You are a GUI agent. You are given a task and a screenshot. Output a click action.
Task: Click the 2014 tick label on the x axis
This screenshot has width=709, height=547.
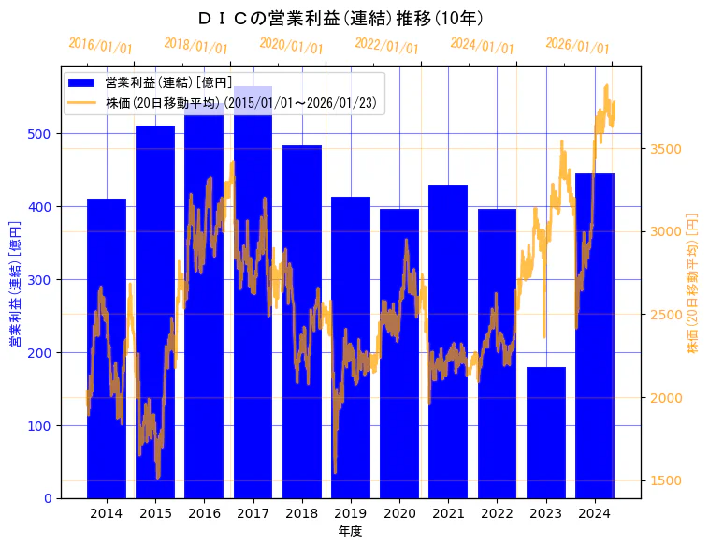107,513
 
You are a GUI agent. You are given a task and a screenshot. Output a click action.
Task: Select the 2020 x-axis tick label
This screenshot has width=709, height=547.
399,513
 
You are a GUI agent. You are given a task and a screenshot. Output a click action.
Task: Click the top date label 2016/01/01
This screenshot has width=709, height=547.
101,46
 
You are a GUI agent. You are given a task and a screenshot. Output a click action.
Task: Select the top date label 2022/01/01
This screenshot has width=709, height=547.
387,46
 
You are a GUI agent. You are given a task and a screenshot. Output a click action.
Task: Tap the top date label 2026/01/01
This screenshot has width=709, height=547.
577,46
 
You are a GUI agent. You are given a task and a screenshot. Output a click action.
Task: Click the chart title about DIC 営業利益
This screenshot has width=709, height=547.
341,19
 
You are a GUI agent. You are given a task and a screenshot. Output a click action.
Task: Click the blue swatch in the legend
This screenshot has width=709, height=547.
82,83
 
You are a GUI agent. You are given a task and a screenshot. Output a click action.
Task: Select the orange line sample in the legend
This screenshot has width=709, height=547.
82,103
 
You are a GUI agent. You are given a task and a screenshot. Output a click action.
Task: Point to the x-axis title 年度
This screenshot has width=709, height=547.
350,531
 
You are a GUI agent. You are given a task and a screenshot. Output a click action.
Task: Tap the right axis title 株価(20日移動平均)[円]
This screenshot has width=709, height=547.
693,283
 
